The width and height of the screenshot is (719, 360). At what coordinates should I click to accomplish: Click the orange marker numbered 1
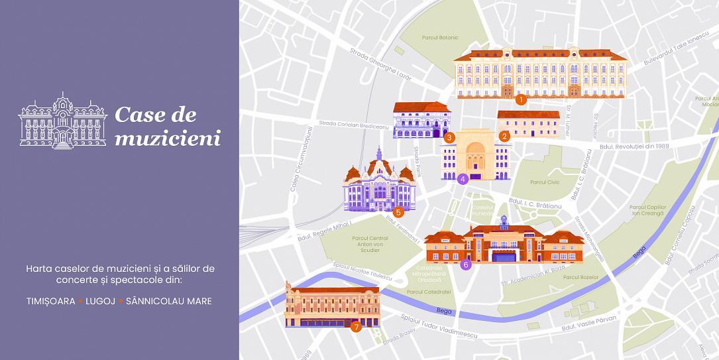click(521, 100)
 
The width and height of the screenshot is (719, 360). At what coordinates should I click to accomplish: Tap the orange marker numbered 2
click(504, 137)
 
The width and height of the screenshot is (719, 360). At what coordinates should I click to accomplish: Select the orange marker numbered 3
click(449, 138)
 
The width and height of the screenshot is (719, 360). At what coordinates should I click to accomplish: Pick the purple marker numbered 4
click(463, 178)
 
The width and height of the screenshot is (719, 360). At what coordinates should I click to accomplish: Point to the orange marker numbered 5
click(398, 213)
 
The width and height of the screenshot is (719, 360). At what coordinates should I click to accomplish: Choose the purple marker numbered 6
click(466, 265)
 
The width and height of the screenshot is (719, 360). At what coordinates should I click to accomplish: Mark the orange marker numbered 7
click(356, 326)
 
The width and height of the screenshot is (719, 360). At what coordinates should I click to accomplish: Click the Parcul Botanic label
click(440, 37)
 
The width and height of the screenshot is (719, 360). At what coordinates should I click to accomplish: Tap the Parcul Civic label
click(545, 182)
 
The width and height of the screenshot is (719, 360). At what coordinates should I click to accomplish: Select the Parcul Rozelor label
click(581, 277)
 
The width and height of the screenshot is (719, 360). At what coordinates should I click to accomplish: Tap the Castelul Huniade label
click(482, 210)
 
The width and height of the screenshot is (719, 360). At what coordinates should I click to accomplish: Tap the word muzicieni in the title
click(167, 138)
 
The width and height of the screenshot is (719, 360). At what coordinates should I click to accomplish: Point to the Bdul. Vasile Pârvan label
click(588, 323)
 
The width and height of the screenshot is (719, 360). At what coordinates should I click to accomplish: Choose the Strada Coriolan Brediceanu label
click(353, 125)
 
